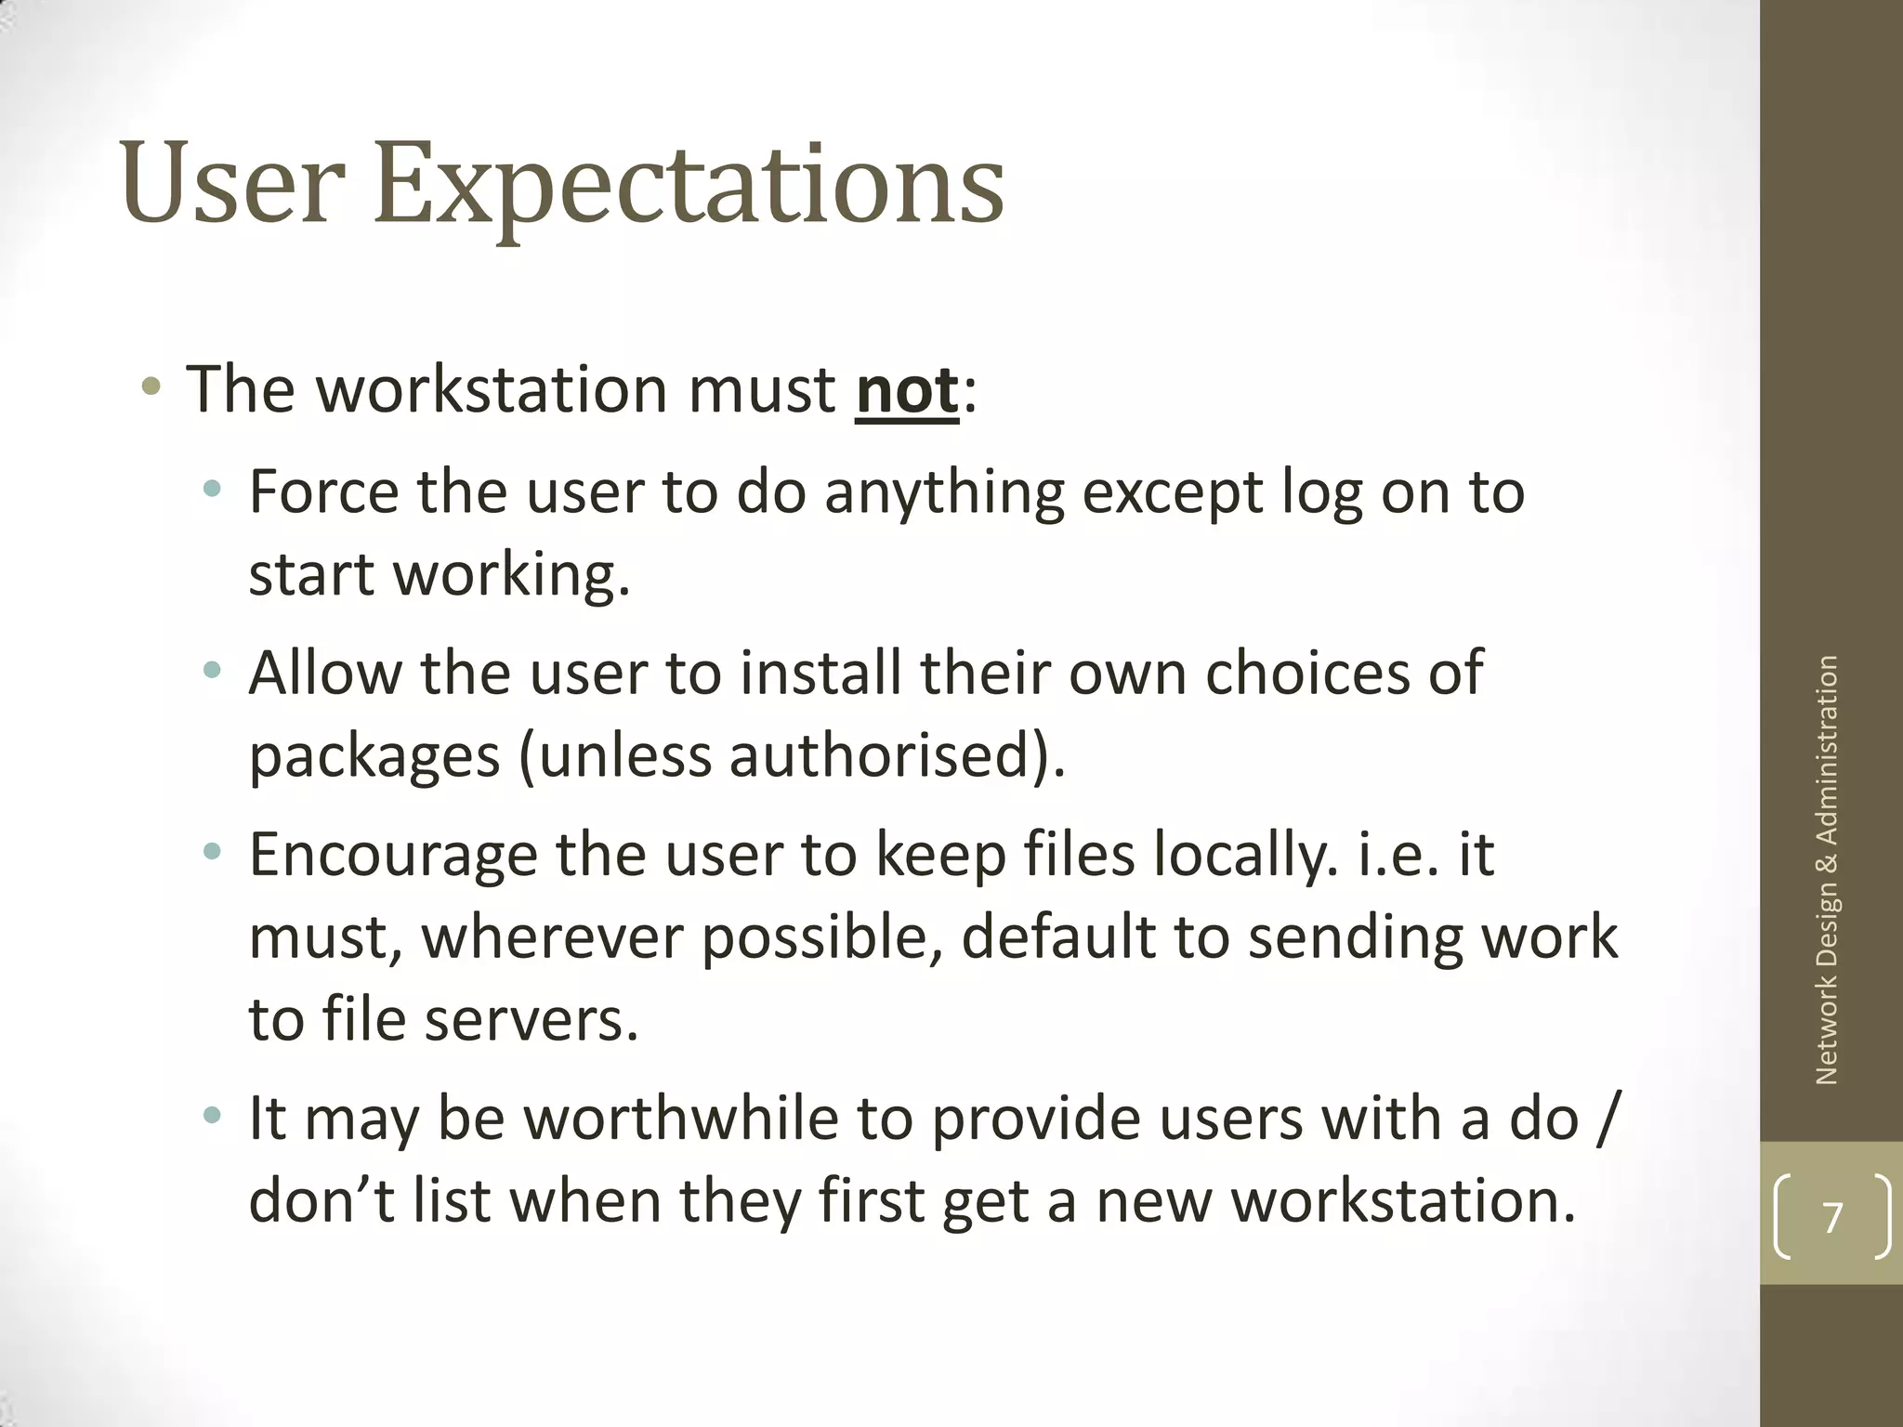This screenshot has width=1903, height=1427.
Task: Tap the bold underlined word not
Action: pyautogui.click(x=906, y=390)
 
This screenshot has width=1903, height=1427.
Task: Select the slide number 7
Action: pyautogui.click(x=1831, y=1217)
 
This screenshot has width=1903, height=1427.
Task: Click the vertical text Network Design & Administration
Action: pyautogui.click(x=1827, y=870)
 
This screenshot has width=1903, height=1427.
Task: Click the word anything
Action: pyautogui.click(x=944, y=493)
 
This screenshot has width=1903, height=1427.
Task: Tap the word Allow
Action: pyautogui.click(x=324, y=672)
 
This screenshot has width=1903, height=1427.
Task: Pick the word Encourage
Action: pyautogui.click(x=393, y=855)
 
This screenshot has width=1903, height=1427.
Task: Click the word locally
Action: pyautogui.click(x=1244, y=855)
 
